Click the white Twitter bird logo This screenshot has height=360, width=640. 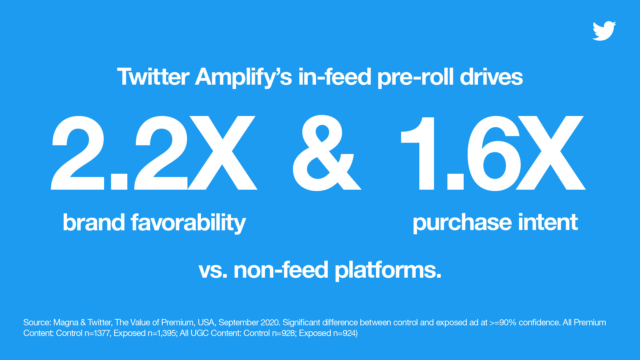coord(604,31)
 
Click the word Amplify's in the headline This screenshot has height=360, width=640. coord(244,77)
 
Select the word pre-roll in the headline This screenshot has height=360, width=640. coord(415,77)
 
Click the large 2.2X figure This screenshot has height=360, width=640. coord(154,153)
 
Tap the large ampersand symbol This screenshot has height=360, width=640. coord(327,153)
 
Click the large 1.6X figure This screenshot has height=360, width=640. coord(493,153)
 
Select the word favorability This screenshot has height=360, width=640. coord(188,223)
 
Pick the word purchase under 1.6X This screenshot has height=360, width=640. coord(462,223)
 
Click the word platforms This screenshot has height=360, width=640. coord(388,270)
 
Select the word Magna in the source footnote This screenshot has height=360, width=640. coord(66,323)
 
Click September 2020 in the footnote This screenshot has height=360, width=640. coord(249,323)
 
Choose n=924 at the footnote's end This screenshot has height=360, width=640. coord(345,333)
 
